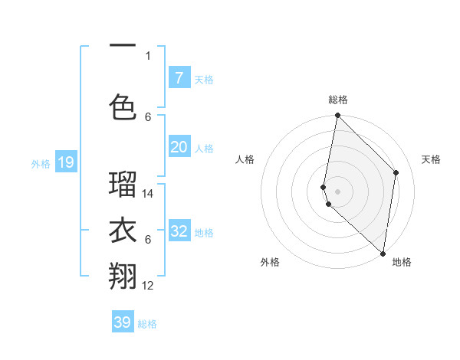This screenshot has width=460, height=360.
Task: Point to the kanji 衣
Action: (123, 230)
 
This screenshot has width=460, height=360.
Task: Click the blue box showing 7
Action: (179, 77)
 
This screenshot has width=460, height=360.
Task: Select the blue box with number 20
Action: (179, 147)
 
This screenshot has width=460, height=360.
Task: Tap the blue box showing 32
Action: (179, 232)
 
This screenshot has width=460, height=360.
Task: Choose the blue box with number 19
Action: (65, 162)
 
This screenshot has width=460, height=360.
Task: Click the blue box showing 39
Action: (122, 322)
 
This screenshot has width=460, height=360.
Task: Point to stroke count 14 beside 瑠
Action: (148, 194)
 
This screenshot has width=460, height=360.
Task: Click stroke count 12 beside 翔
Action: (148, 286)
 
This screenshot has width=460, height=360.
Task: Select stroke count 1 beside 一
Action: (148, 55)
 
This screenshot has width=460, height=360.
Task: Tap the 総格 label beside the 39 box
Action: (147, 324)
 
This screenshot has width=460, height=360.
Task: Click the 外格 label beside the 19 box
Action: (40, 163)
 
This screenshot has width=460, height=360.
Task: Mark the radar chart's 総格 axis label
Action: (337, 100)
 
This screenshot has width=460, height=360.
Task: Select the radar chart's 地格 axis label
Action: (402, 262)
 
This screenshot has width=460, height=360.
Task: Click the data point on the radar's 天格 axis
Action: (396, 172)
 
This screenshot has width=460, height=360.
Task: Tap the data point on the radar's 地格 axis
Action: (383, 254)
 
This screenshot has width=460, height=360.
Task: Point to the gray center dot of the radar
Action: (337, 191)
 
